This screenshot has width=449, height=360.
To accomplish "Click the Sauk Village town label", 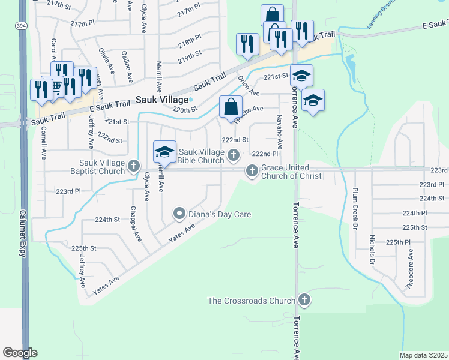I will pyautogui.click(x=160, y=100).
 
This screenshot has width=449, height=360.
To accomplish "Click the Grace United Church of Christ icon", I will pyautogui.click(x=252, y=172).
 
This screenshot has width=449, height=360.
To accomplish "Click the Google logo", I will pyautogui.click(x=20, y=353).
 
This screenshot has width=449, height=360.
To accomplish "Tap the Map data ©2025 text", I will pyautogui.click(x=424, y=355).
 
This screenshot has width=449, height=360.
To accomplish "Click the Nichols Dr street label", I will pyautogui.click(x=372, y=253).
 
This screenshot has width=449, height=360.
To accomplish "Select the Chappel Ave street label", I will pyautogui.click(x=136, y=224).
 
